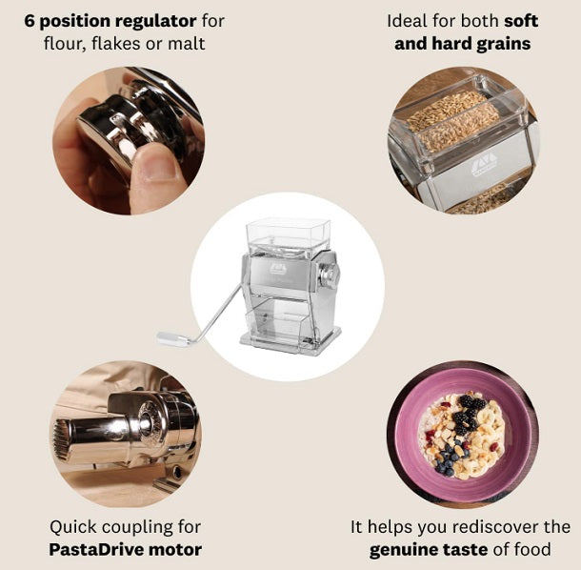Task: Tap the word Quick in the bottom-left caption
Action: click(x=76, y=527)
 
